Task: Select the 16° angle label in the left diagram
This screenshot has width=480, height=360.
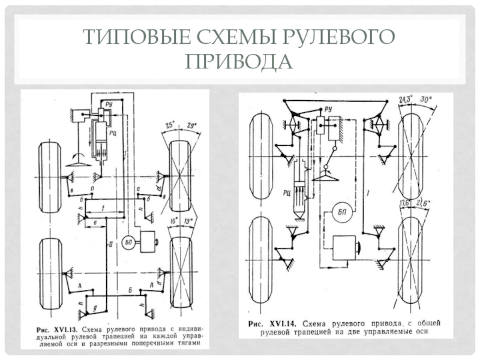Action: pos(175,221)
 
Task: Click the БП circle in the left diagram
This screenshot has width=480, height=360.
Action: pos(127,242)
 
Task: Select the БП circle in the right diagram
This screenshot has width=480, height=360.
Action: pos(343,211)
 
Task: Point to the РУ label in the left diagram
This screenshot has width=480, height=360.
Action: pos(109,104)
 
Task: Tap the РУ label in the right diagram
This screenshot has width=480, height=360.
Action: pos(328,109)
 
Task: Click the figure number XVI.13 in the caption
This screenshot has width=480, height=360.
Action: pos(65,329)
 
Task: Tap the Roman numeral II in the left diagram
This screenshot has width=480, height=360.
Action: pos(110,247)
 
